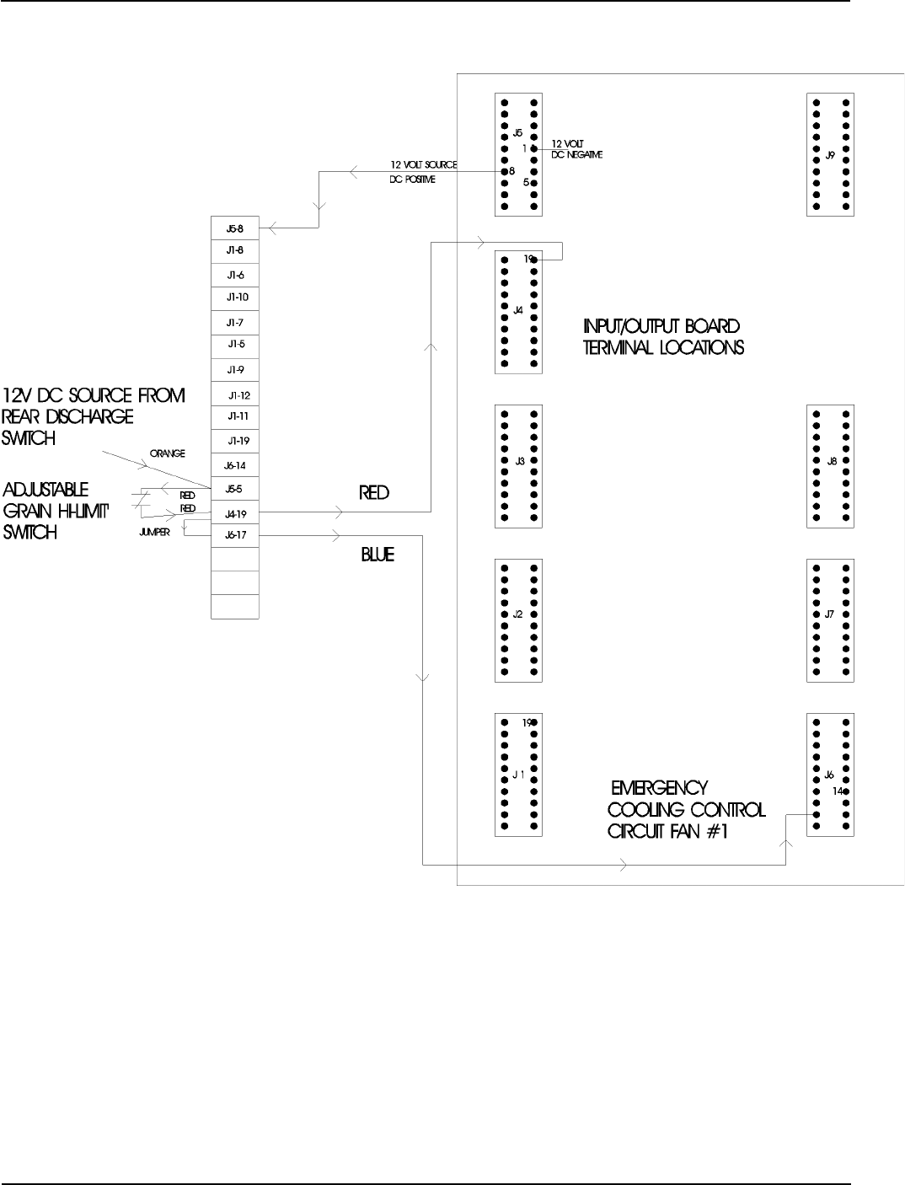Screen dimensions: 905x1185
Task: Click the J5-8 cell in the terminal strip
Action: pos(234,228)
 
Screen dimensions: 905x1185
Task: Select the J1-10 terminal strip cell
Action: pos(236,298)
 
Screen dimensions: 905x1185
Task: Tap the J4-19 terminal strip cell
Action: pos(235,512)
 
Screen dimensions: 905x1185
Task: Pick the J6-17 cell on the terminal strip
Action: pos(235,535)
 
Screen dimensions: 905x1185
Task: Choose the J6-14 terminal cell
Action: pos(235,465)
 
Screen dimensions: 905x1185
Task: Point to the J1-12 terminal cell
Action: pos(238,395)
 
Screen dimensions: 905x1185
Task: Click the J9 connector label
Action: pos(829,155)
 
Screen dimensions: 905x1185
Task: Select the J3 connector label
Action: pos(519,461)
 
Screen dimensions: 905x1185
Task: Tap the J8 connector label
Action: pos(832,461)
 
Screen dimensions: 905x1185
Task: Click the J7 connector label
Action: pos(829,614)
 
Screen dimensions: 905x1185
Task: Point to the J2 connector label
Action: pos(518,614)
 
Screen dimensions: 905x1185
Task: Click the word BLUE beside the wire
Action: pos(378,555)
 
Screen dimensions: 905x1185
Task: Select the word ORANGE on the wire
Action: pos(168,453)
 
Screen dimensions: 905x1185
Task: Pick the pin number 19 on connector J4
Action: pos(527,259)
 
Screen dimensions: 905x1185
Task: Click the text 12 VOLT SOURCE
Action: pos(423,165)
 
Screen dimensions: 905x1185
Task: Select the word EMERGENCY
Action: pos(659,789)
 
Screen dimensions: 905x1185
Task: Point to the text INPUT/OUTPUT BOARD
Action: pos(661,326)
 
